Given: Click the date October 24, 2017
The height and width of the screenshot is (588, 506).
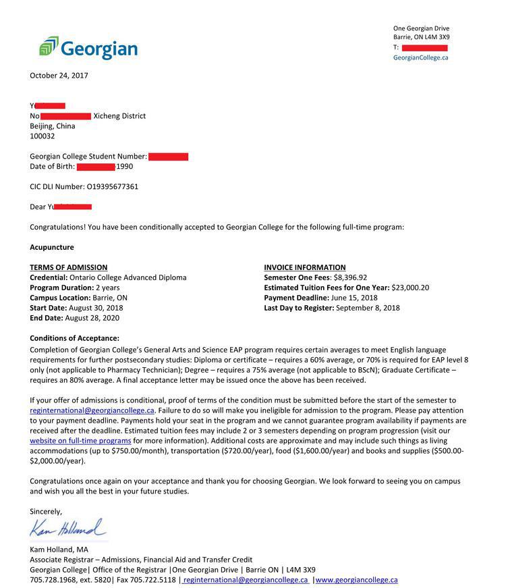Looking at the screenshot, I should [x=59, y=76].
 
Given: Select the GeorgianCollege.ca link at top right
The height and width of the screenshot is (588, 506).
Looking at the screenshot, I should [x=420, y=58].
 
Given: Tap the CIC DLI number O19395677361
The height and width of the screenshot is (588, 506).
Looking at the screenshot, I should [x=113, y=187].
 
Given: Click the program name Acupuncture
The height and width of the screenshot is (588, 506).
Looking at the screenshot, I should [x=52, y=247].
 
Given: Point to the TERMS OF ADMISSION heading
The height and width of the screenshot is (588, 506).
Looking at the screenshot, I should [x=68, y=267].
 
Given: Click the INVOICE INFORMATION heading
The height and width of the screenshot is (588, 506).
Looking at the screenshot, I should [x=304, y=267].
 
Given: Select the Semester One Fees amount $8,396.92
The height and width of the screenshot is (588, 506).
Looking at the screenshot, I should [x=350, y=277].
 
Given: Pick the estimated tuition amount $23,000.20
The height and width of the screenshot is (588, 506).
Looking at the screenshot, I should [x=410, y=288].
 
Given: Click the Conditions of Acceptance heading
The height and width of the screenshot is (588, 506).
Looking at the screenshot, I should [x=74, y=338].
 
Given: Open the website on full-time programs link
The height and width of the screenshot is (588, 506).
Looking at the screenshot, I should [x=80, y=440].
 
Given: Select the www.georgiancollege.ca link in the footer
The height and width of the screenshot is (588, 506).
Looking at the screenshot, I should [x=356, y=580].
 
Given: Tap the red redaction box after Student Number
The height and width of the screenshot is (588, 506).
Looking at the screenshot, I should [x=168, y=157].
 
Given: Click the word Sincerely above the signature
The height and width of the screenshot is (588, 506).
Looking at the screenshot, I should [x=46, y=512].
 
